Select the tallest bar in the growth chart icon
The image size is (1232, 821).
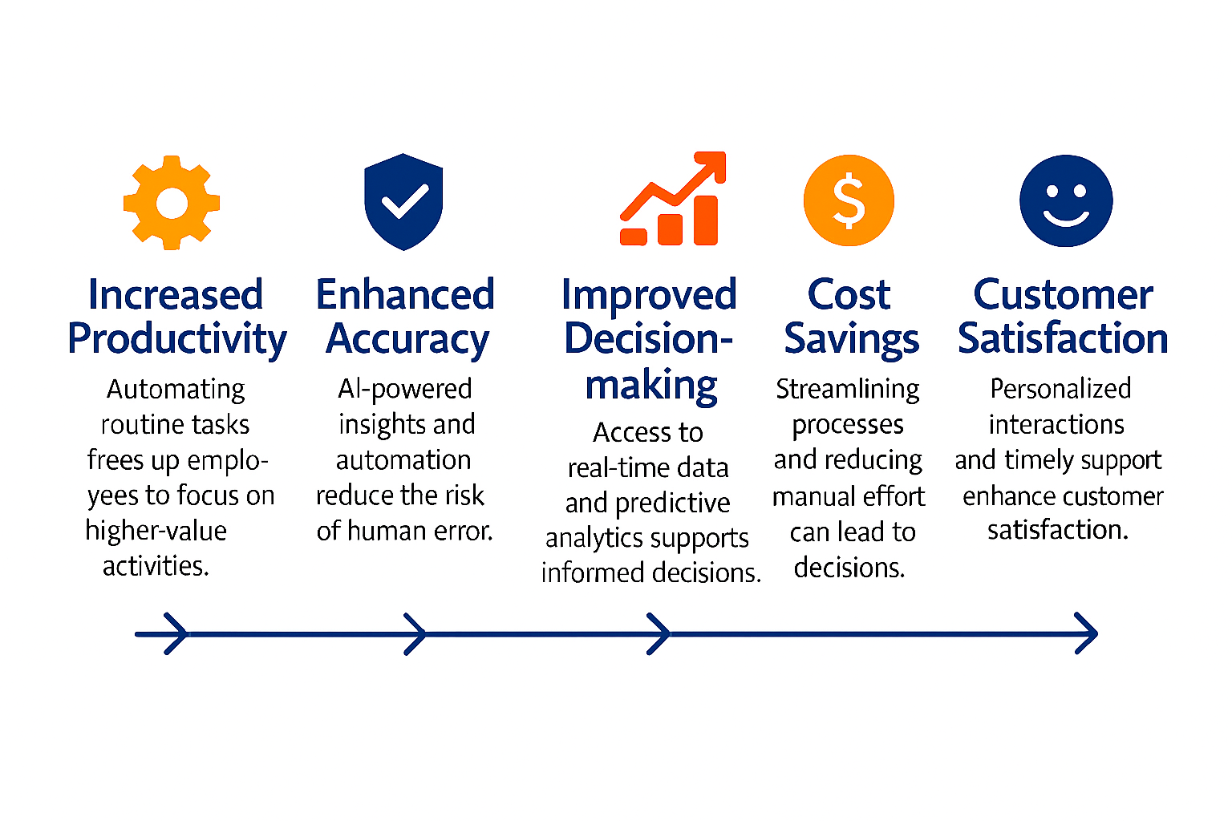click(x=706, y=220)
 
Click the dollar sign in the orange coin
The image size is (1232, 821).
click(x=849, y=201)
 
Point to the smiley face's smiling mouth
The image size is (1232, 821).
click(x=1066, y=217)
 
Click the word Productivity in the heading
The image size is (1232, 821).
click(x=176, y=338)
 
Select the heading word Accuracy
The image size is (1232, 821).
click(x=407, y=339)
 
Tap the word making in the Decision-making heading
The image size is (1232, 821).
click(x=650, y=386)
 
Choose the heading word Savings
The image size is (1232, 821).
click(x=851, y=339)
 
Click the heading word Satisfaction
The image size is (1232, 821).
click(x=1063, y=338)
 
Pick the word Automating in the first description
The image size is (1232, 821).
click(x=176, y=390)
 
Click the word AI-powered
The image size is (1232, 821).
click(x=404, y=389)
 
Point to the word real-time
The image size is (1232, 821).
click(x=614, y=467)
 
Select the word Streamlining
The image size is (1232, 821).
click(x=848, y=390)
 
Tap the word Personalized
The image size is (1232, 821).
click(x=1060, y=389)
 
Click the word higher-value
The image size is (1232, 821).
click(x=156, y=532)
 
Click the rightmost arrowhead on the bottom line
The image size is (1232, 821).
click(x=1087, y=633)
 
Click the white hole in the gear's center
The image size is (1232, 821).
click(x=172, y=203)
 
